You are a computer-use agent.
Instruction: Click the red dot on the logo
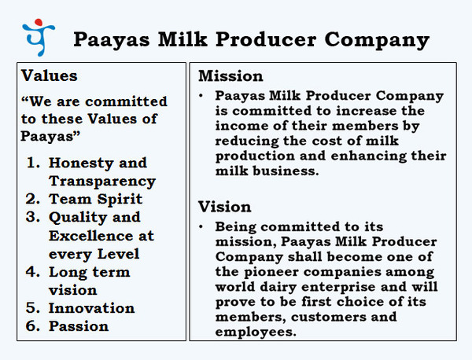point(39,22)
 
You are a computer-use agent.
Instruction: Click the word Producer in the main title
point(266,39)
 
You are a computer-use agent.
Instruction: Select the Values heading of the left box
point(49,75)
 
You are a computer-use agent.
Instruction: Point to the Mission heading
point(230,75)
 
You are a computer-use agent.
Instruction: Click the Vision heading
point(224,207)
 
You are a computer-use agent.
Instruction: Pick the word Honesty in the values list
point(81,163)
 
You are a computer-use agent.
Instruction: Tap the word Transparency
point(102,182)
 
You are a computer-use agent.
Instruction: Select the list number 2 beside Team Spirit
point(32,199)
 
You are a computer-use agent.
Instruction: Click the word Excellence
point(91,236)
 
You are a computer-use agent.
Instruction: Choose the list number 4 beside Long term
point(32,272)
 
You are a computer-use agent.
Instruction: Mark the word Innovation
point(91,308)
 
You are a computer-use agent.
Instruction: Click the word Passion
point(79,326)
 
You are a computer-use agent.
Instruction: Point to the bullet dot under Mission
point(201,96)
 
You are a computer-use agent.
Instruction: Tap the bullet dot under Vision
point(201,226)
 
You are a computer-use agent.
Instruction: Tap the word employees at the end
point(256,332)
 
